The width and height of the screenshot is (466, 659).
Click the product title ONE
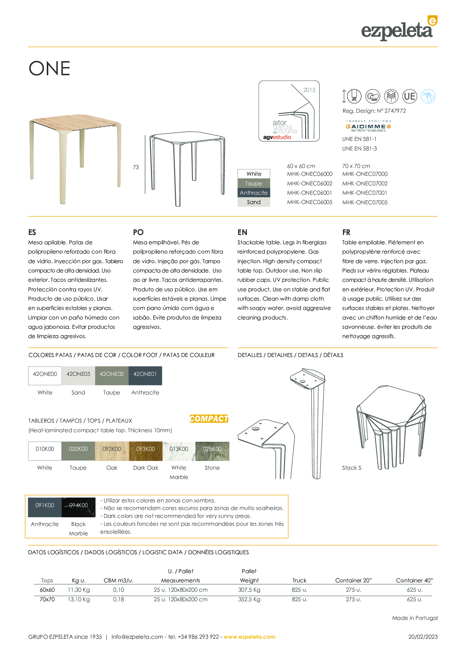pos(49,68)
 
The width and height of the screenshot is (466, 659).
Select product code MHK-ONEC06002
pos(310,183)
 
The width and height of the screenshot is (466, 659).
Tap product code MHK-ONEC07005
pos(365,202)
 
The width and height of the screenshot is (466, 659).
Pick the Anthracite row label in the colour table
pos(254,193)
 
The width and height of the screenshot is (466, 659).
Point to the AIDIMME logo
pos(368,127)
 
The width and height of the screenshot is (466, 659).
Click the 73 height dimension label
pos(136,167)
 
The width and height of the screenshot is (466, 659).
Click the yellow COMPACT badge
pos(209,419)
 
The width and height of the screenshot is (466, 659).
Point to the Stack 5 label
pos(352,468)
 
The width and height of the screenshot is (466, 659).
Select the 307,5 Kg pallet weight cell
pos(249,590)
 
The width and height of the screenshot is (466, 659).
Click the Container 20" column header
pos(353,580)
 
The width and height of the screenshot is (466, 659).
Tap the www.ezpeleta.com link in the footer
pos(249,637)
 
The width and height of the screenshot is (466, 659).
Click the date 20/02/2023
pos(423,637)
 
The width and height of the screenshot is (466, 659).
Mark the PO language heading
pos(138,232)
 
